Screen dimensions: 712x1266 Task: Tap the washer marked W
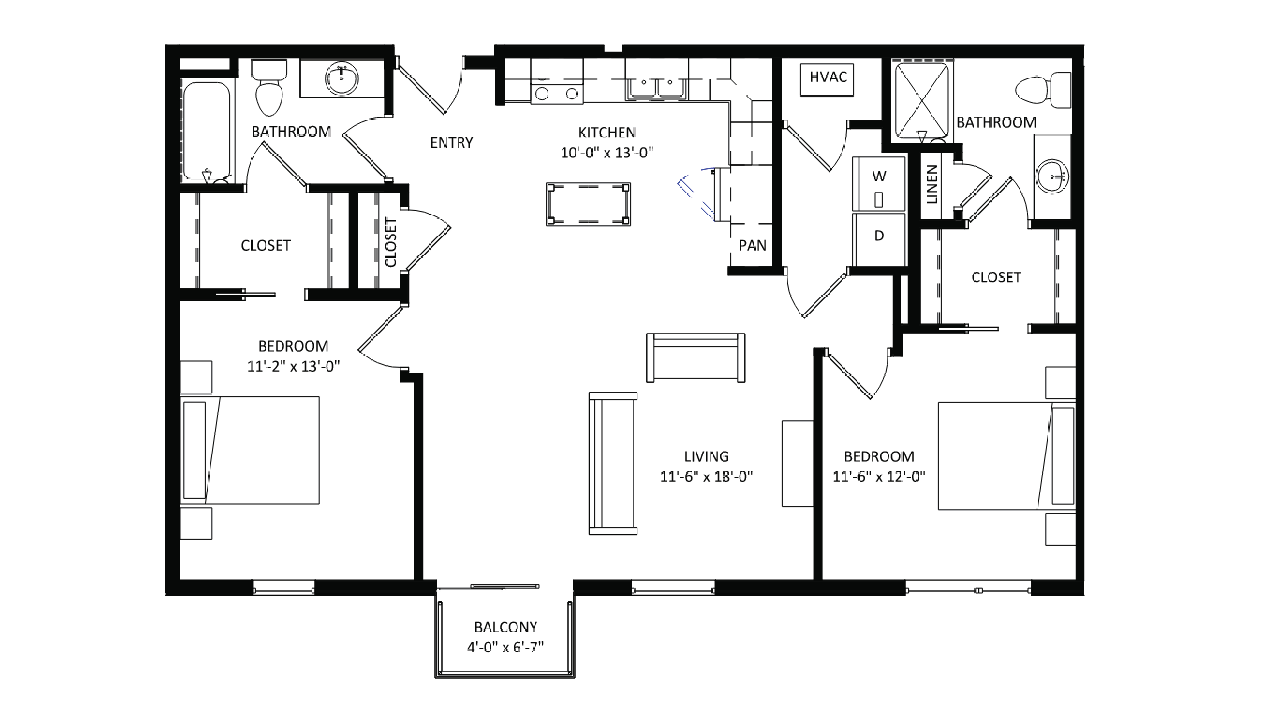[879, 184]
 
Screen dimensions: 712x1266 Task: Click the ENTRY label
[451, 143]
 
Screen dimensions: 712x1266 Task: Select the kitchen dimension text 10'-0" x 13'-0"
[607, 153]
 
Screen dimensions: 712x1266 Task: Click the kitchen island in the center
[588, 204]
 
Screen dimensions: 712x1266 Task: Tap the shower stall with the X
[921, 101]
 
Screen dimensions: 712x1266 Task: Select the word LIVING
[706, 457]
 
